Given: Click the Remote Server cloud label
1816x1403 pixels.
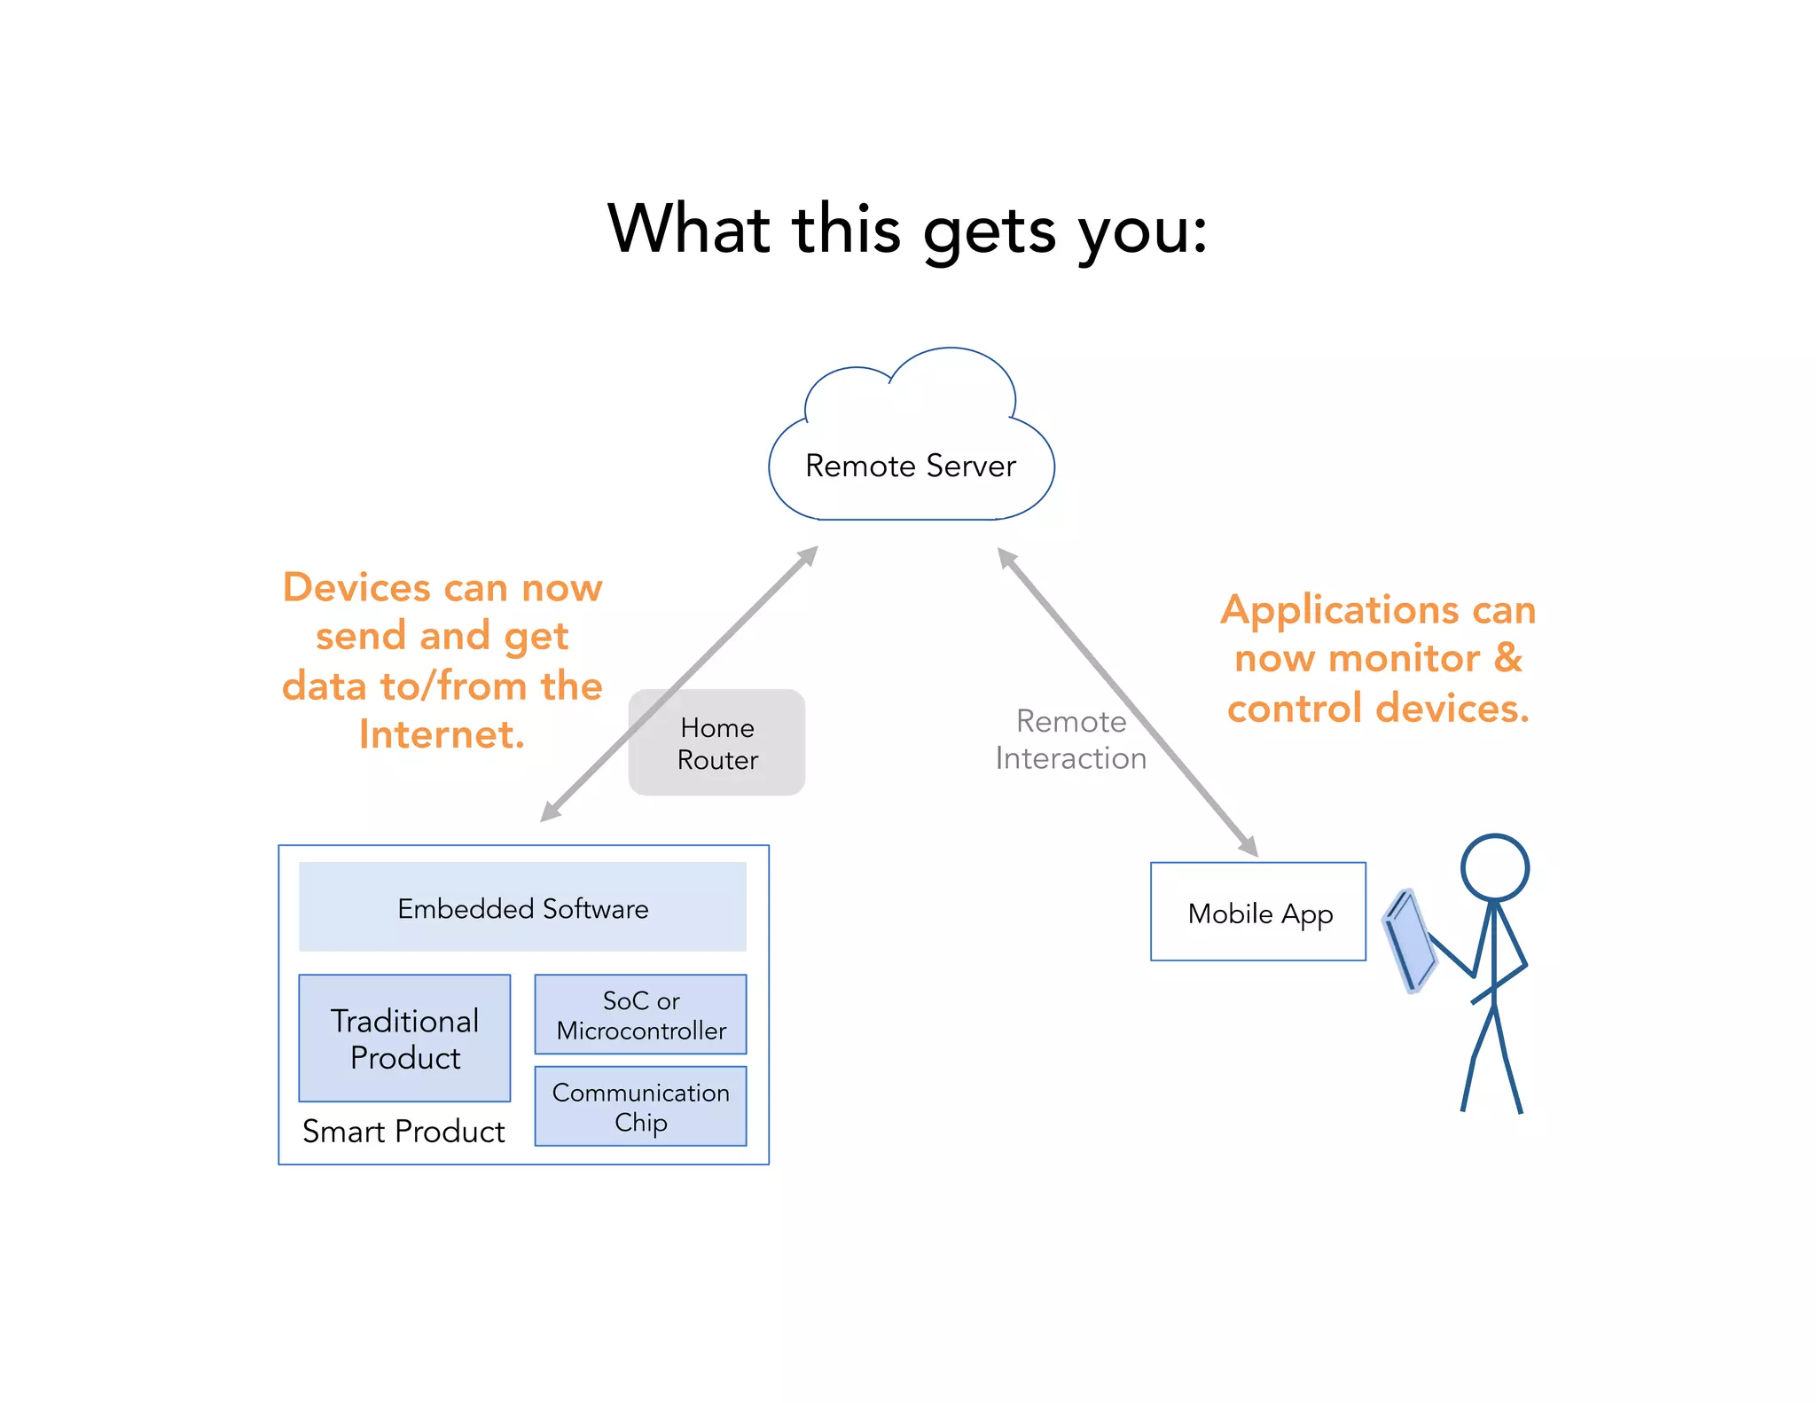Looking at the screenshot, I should [910, 466].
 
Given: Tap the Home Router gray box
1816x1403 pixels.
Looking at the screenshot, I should [716, 743].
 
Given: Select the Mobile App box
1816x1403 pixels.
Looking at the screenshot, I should [1258, 913].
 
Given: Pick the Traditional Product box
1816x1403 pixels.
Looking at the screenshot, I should [404, 1039].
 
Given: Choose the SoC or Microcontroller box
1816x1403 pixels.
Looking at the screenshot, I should [640, 1015].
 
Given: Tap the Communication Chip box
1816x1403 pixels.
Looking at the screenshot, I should [640, 1107].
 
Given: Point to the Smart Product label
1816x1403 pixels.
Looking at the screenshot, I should [403, 1132].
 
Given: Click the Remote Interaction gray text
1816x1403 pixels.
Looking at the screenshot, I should [1070, 740].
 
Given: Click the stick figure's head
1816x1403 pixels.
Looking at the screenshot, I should [1495, 867].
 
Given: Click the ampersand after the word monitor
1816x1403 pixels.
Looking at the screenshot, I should [1508, 658].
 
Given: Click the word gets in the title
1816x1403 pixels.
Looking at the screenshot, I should [990, 231].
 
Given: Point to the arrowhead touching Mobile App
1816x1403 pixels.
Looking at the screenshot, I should [1248, 846].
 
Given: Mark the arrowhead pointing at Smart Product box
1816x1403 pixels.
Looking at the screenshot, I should [551, 811].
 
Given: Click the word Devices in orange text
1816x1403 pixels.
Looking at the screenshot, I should [356, 587].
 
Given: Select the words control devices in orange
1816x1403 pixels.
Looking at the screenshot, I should [1378, 708].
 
